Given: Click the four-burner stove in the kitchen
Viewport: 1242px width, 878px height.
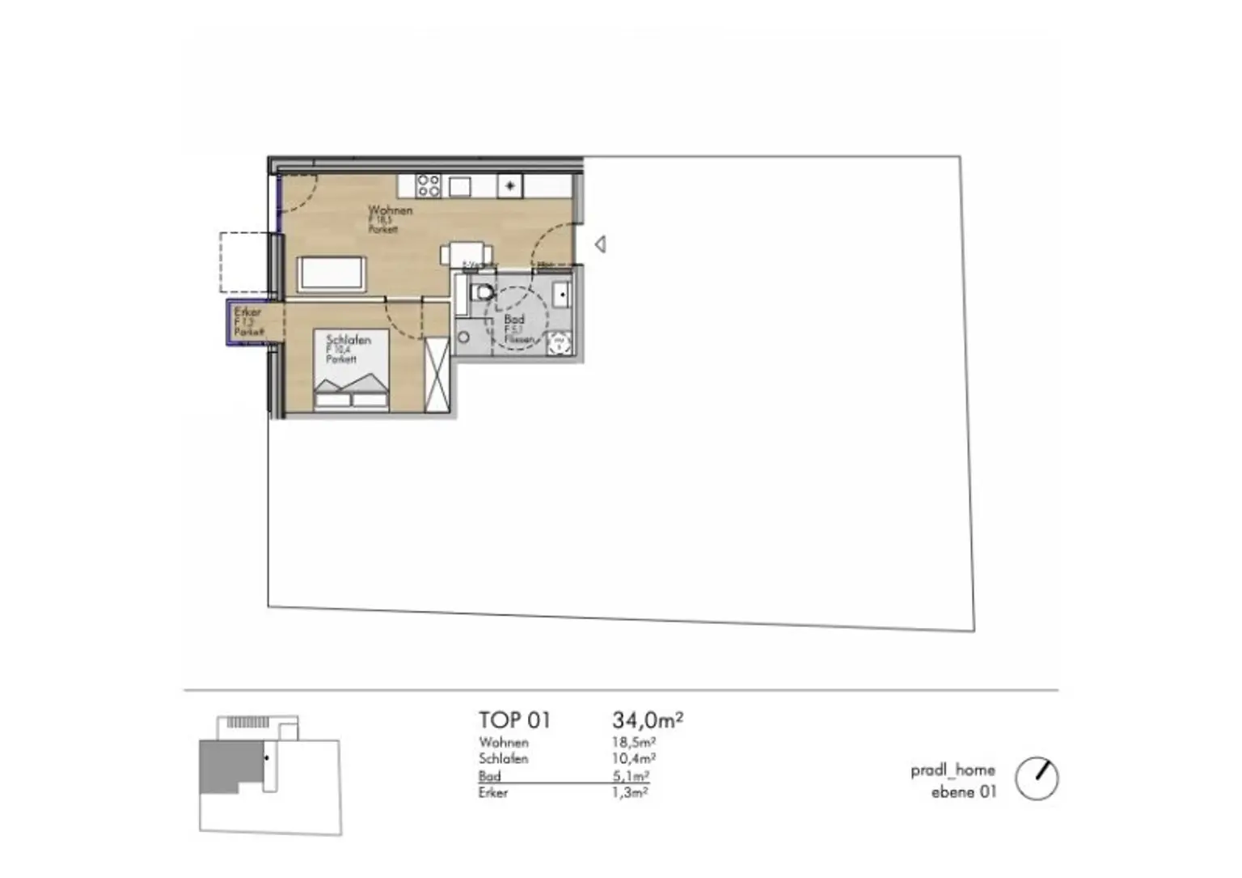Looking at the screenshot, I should pyautogui.click(x=429, y=186).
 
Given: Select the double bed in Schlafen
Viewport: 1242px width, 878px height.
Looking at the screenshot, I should pyautogui.click(x=352, y=371).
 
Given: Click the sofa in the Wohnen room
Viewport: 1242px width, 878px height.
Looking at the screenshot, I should pyautogui.click(x=332, y=273).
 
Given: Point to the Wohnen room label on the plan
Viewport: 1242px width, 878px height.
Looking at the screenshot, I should pyautogui.click(x=390, y=210).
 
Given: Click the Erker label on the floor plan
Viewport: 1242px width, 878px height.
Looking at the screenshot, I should pyautogui.click(x=247, y=312).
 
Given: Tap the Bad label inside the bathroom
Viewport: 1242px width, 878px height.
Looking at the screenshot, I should pyautogui.click(x=514, y=320).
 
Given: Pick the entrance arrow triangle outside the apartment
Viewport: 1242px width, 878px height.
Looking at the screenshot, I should pyautogui.click(x=600, y=244).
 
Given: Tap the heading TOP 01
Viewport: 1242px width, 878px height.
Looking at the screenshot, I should pyautogui.click(x=514, y=719).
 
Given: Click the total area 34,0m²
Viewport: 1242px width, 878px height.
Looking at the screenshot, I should pyautogui.click(x=648, y=719).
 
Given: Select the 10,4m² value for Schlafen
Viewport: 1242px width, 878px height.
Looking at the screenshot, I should pyautogui.click(x=633, y=758).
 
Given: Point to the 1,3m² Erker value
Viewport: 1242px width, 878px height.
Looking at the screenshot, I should pyautogui.click(x=630, y=792).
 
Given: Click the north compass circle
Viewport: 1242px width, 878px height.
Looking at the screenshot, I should pyautogui.click(x=1036, y=778).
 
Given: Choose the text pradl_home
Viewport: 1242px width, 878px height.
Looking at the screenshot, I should pyautogui.click(x=953, y=770).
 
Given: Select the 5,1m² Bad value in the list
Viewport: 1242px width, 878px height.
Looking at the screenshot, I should pyautogui.click(x=631, y=775).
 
